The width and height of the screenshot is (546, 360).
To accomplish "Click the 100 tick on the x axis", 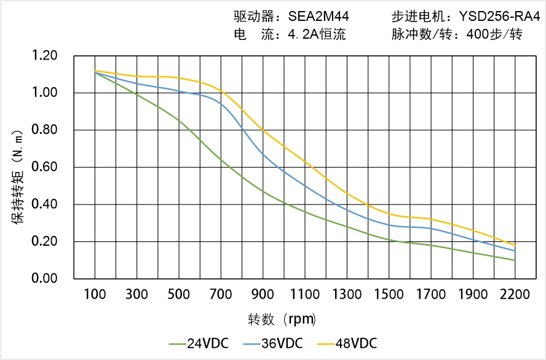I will [95, 294].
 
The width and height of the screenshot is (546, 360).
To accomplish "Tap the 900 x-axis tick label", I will [263, 294].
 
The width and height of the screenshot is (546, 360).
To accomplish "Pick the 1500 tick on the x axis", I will [389, 294].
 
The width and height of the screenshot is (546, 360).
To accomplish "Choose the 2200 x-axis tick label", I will [515, 294].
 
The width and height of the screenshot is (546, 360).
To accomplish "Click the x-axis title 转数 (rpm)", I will [282, 319].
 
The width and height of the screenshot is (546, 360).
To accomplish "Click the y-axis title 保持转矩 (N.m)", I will [18, 176].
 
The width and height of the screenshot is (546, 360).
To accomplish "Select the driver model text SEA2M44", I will [318, 17].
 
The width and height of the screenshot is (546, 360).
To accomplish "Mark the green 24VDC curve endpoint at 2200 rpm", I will [515, 260].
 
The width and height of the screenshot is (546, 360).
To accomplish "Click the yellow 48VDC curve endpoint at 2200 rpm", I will [515, 245].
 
